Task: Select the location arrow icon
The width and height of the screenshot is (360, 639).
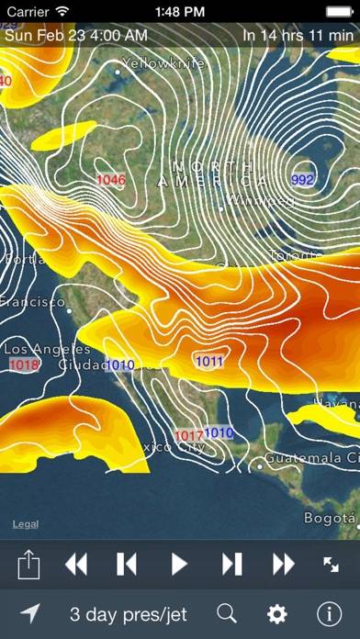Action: click(x=29, y=614)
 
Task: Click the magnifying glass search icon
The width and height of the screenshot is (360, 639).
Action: click(x=227, y=614)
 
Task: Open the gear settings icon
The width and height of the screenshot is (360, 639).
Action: click(x=276, y=614)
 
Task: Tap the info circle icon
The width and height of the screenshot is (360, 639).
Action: click(x=328, y=614)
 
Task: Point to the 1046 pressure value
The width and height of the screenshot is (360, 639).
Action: click(x=111, y=180)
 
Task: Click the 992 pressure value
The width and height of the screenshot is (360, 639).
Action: click(x=302, y=179)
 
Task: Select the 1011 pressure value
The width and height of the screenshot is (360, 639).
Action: click(x=209, y=362)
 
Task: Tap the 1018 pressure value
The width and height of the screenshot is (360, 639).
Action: click(x=24, y=365)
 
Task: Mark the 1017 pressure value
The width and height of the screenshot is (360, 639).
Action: click(x=188, y=435)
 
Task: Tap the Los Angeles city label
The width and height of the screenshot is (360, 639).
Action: click(x=48, y=350)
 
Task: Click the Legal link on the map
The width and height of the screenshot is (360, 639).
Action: click(x=26, y=524)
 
